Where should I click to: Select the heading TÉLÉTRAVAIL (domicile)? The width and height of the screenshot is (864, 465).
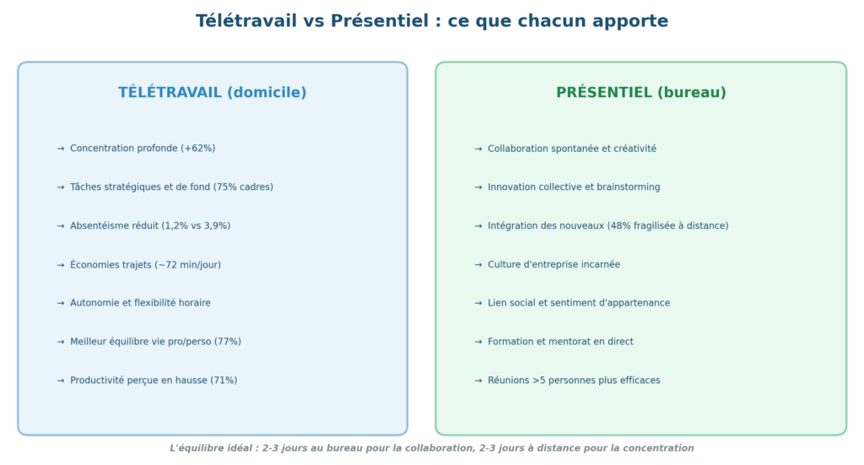pos(212,93)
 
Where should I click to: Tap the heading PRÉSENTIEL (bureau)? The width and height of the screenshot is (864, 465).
pos(641,93)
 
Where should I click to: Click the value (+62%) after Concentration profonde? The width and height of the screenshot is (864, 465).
pos(197,149)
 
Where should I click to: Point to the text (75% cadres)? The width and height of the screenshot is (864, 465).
pos(243,187)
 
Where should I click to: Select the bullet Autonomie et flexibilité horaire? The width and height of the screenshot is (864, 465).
pos(140,303)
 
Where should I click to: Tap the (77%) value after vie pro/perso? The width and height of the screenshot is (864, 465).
pos(228,342)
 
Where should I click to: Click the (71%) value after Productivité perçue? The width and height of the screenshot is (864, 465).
pos(224,380)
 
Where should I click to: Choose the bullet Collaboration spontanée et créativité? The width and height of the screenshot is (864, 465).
pos(572,149)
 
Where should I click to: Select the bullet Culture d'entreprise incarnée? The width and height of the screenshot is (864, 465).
pos(553,264)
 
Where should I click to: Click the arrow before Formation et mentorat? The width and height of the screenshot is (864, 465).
pos(478,342)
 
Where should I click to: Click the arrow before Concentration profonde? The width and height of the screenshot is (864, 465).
pos(61,149)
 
